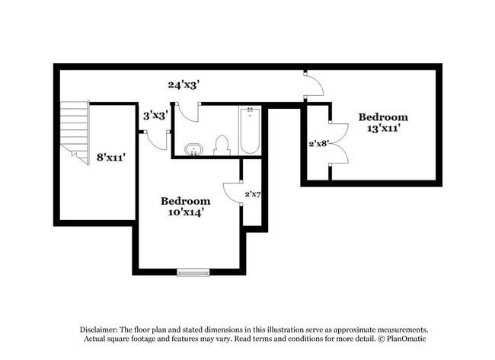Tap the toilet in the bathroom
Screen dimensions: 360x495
[x=222, y=145]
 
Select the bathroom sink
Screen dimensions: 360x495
[x=194, y=148]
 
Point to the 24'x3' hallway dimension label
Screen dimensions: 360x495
[x=184, y=85]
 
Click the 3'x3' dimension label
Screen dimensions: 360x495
[x=156, y=116]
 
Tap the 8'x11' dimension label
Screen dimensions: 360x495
[x=110, y=158]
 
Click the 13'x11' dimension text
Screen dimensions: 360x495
[x=383, y=129]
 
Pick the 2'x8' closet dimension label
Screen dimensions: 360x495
[x=318, y=142]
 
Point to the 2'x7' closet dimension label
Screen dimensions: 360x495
[x=253, y=195]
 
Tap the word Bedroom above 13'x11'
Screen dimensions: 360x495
[x=383, y=117]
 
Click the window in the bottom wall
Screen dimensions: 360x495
[x=193, y=272]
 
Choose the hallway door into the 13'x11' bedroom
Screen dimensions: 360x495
[x=313, y=85]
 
